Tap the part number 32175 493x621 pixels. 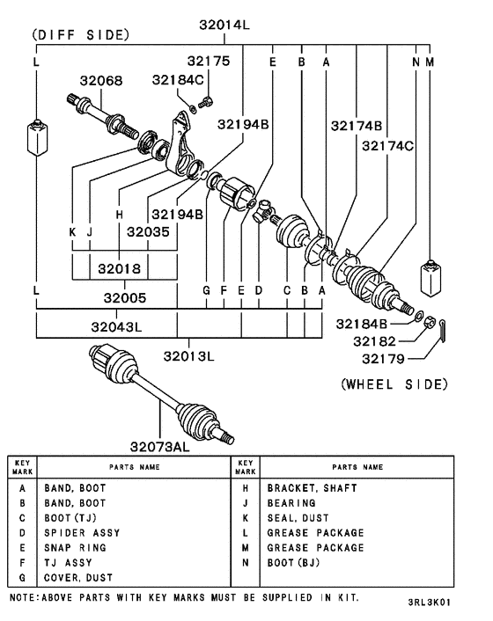pos(208,62)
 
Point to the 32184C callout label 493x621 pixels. pos(180,80)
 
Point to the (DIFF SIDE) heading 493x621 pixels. pos(80,35)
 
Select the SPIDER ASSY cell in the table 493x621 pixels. pos(82,533)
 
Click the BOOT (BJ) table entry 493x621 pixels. pos(293,563)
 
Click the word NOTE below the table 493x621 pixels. pos(24,597)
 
